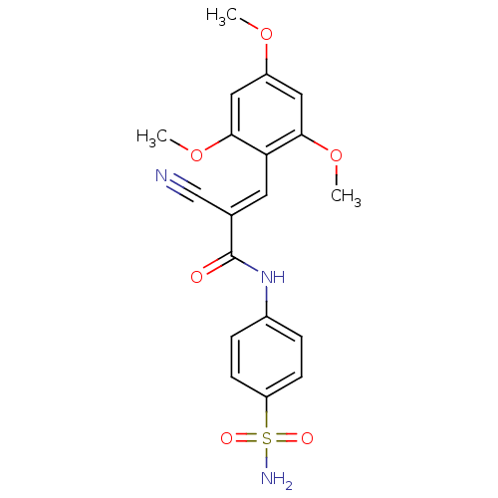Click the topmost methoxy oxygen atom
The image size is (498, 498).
click(266, 34)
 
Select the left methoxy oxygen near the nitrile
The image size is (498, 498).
click(197, 153)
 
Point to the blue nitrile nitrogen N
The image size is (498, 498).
click(161, 176)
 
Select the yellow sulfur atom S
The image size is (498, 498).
click(266, 438)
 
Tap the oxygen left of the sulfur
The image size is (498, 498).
click(227, 438)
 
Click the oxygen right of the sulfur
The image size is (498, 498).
click(306, 438)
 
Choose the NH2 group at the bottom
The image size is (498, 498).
click(274, 479)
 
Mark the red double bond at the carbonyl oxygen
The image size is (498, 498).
click(213, 269)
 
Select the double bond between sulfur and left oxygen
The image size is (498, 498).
click(246, 438)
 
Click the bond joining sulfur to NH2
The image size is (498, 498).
click(266, 458)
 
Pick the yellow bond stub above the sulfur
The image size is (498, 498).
click(266, 419)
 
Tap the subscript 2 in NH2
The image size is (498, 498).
click(288, 485)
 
